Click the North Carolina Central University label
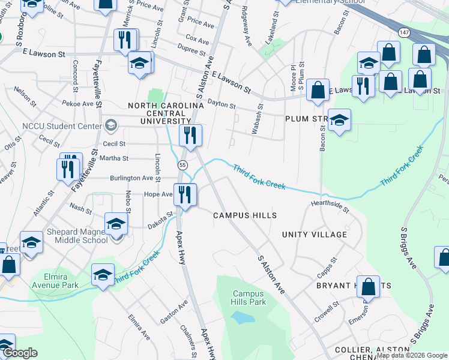[166, 113]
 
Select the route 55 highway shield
[182, 164]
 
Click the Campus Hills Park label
[249, 298]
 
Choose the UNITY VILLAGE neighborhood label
[315, 235]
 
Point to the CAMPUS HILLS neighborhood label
[245, 215]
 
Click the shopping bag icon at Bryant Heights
[368, 287]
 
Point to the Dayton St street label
[221, 104]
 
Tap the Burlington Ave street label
[131, 178]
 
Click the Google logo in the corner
[20, 353]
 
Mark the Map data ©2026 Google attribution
[412, 355]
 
